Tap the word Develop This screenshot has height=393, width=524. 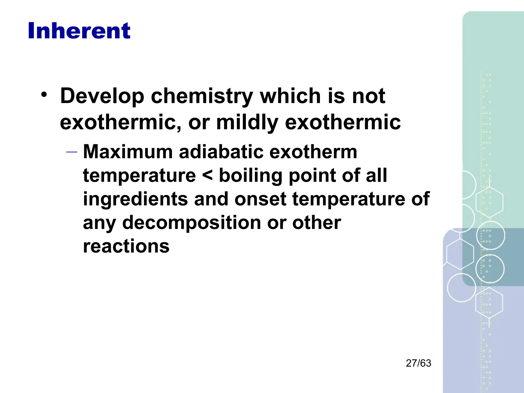pyautogui.click(x=102, y=96)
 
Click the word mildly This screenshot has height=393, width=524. pyautogui.click(x=247, y=122)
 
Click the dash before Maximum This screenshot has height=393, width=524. pyautogui.click(x=71, y=152)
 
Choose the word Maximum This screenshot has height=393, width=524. pyautogui.click(x=128, y=152)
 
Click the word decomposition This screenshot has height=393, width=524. pyautogui.click(x=192, y=223)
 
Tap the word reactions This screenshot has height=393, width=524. pyautogui.click(x=126, y=246)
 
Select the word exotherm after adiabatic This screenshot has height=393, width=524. pyautogui.click(x=313, y=152)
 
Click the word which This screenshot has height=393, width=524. pyautogui.click(x=290, y=96)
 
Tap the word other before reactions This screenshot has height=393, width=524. pyautogui.click(x=316, y=223)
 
